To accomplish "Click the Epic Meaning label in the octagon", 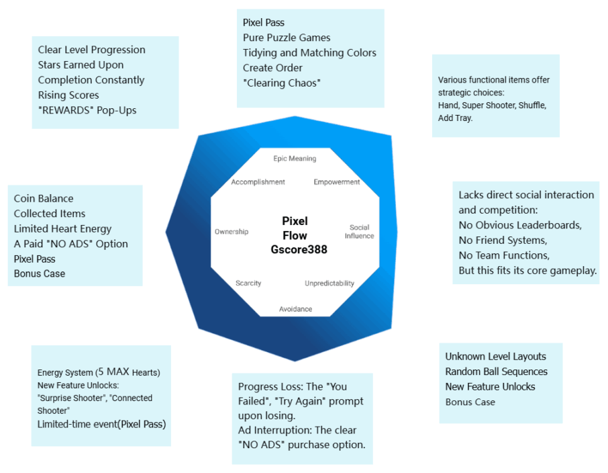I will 295,159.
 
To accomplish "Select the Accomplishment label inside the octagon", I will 258,182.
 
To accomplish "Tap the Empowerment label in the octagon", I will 337,182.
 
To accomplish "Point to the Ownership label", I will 232,232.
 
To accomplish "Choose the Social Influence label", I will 360,232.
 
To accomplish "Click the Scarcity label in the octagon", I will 248,283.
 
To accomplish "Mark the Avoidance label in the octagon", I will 295,309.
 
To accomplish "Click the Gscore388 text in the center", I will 295,250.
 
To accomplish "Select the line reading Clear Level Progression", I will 91,50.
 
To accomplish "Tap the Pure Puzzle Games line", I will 287,38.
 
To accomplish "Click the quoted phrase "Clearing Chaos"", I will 282,83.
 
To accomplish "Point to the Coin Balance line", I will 44,198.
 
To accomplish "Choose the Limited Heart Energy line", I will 62,228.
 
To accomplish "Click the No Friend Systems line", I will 503,240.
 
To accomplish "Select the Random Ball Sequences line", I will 496,372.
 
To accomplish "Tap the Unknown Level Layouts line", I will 495,356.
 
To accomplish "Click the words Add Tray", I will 456,118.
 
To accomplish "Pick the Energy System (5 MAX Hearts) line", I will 99,372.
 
